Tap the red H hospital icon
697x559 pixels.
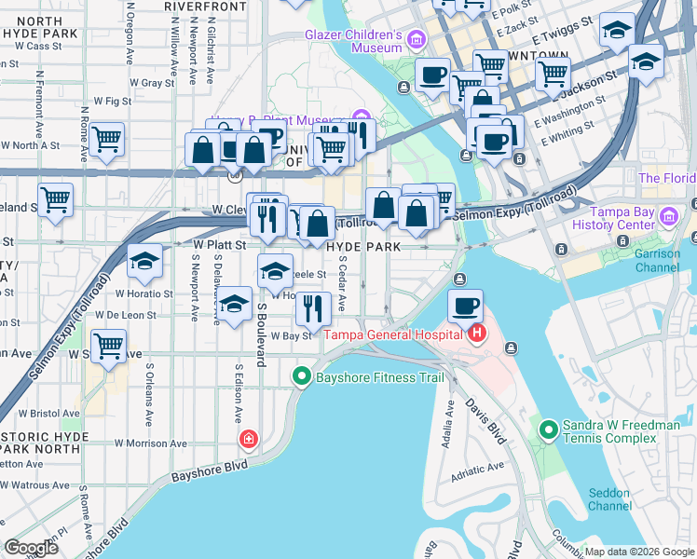[477, 334]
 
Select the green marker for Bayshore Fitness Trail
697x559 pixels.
[301, 377]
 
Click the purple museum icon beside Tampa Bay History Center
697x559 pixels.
[667, 218]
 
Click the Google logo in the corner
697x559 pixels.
[32, 547]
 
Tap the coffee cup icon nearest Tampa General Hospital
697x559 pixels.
[466, 305]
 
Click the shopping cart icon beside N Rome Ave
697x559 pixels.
[108, 140]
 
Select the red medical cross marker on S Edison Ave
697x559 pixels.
[248, 438]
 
